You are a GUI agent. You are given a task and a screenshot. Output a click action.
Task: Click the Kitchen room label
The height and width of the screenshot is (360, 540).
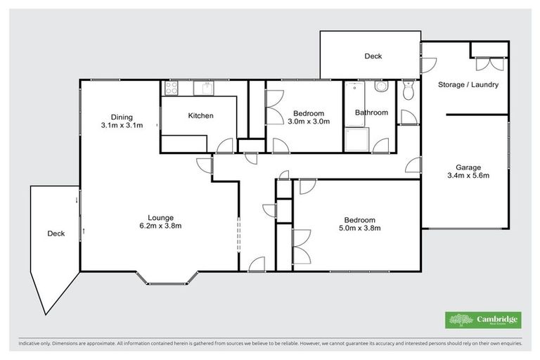pyautogui.click(x=200, y=116)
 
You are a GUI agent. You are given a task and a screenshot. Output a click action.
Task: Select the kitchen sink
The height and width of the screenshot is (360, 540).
pyautogui.click(x=204, y=88)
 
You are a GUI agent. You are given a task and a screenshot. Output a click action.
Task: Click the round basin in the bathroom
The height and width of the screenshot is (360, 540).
pyautogui.click(x=381, y=87)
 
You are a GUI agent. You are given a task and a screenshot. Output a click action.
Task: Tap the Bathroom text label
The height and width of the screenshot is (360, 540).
pyautogui.click(x=371, y=112)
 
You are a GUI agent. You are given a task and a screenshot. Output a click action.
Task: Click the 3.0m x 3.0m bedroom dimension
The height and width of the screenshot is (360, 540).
pyautogui.click(x=309, y=122)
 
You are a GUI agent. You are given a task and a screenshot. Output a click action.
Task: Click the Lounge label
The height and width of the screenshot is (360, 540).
pyautogui.click(x=161, y=217)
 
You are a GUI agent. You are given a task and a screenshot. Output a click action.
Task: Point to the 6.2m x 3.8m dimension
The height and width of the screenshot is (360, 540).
pyautogui.click(x=161, y=226)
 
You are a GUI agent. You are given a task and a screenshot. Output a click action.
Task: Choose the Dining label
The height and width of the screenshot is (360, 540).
pyautogui.click(x=122, y=117)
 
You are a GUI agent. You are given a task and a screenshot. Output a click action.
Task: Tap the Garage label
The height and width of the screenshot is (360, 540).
pyautogui.click(x=468, y=167)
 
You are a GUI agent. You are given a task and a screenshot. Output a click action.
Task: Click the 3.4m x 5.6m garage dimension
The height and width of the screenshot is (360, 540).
pyautogui.click(x=468, y=176)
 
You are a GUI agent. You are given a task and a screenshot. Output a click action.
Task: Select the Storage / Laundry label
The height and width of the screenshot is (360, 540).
pyautogui.click(x=468, y=85)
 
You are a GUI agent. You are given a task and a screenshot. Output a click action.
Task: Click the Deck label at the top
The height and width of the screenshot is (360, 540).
pyautogui.click(x=373, y=56)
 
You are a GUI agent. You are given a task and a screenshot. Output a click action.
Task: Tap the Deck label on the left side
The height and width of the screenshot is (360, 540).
pyautogui.click(x=56, y=233)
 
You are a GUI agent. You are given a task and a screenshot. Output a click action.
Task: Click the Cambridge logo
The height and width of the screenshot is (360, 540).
pyautogui.click(x=483, y=320)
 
